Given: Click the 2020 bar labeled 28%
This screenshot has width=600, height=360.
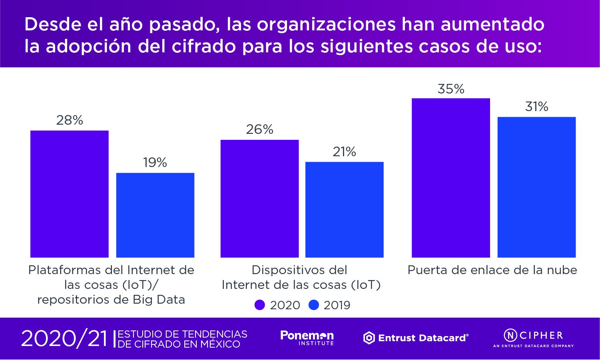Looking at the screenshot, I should point(70,194).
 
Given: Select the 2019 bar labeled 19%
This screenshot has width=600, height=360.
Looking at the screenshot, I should point(155,215).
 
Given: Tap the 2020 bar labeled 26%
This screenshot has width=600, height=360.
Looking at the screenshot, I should point(259,199).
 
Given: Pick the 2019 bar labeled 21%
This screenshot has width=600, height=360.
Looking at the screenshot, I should point(344,209).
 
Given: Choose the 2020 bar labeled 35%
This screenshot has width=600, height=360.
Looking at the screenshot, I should point(450,178).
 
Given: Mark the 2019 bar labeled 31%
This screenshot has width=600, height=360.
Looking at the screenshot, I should point(536,187).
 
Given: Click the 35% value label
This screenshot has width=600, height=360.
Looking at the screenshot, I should point(451,89).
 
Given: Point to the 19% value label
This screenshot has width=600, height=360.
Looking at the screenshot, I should point(155,163).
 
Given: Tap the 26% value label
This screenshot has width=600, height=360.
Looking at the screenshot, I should point(259,129).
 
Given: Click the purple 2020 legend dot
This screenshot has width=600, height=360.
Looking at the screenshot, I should point(260,305).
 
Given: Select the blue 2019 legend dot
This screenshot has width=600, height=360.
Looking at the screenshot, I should point(314,305).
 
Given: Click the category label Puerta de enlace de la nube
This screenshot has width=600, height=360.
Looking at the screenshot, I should point(492,270).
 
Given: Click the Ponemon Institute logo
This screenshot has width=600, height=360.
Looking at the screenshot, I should point(307,338).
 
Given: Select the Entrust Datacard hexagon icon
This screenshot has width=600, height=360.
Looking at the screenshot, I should point(369,338).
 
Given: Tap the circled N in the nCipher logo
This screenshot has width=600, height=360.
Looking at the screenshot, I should point(510,335).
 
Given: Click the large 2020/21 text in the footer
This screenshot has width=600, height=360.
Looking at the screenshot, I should point(64,339).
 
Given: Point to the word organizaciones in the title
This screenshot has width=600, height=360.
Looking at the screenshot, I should point(326,24).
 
